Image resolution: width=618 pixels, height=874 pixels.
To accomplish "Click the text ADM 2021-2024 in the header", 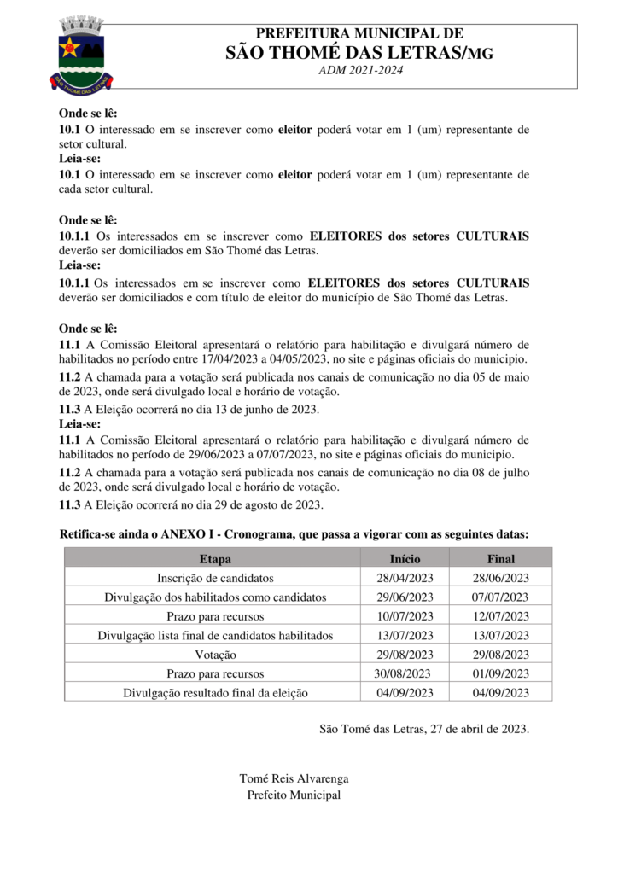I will coord(359,70).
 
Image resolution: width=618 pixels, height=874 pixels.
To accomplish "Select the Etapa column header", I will coord(215,559).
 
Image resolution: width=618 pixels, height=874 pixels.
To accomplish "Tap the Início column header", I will coord(405,559).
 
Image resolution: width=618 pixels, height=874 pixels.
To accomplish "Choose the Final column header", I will coord(500,559).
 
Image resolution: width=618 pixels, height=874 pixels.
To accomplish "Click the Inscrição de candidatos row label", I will coord(215,578).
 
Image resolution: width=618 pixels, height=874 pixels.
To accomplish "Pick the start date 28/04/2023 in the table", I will coord(405,578).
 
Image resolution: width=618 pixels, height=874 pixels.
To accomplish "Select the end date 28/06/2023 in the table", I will coord(500,578).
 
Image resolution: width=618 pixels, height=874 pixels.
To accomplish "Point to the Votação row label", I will coord(215,655).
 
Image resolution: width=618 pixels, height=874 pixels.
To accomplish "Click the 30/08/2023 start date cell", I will coord(402,673).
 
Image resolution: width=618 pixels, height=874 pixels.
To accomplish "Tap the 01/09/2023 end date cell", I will coord(500,673).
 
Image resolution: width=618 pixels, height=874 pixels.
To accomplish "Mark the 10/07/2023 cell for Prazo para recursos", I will coord(405,616).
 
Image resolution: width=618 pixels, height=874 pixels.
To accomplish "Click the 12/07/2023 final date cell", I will coord(500,616).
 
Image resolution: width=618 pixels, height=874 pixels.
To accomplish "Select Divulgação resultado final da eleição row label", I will coord(215,693).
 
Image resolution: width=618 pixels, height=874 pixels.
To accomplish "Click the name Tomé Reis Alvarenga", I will coord(294,778).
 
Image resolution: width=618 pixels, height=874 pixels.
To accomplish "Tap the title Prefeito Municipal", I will coord(294,795).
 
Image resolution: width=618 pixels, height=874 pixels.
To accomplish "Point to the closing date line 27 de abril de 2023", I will coord(423,729).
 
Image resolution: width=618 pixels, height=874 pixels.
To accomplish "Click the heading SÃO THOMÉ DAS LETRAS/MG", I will coord(359,52).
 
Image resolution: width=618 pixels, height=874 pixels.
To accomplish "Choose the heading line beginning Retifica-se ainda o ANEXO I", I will coord(294,533).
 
